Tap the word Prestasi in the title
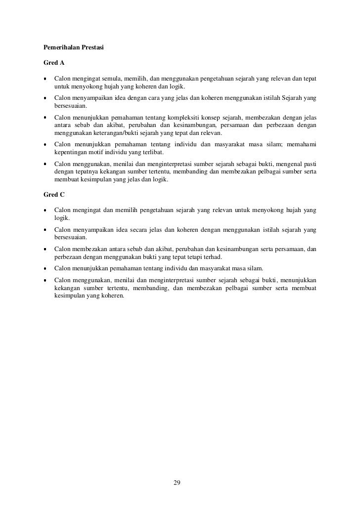91,48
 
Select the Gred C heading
54,195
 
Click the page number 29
177,482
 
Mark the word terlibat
154,153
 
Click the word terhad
212,257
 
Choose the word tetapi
194,257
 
